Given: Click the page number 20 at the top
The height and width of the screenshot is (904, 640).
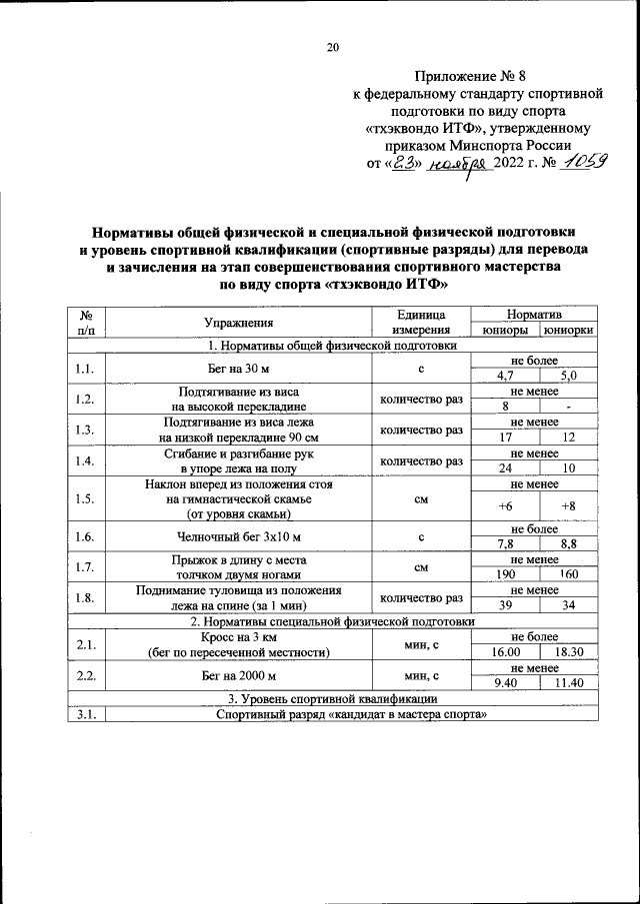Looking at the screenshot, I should point(333,46).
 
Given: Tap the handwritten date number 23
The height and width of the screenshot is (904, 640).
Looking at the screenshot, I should point(402,164).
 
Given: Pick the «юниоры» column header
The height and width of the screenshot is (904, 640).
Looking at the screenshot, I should point(505,331).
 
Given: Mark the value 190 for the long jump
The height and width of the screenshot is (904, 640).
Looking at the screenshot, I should point(505,575).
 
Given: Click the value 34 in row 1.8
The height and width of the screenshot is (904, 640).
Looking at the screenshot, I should point(568,606).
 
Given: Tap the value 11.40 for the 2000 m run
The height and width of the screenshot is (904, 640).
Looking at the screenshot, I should point(568,683).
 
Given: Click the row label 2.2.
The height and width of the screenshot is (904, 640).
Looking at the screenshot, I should point(86,676).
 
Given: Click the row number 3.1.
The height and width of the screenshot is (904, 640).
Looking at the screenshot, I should point(86,715).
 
